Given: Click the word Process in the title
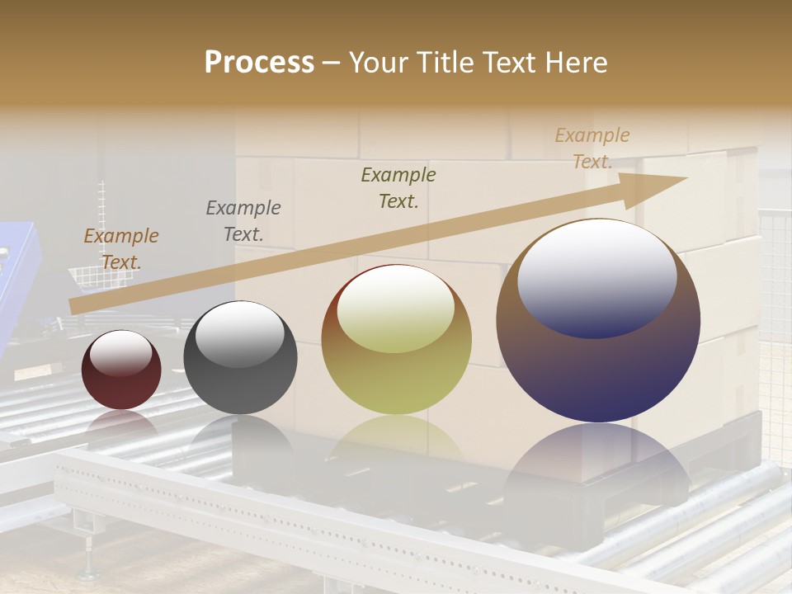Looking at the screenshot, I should tap(259, 63).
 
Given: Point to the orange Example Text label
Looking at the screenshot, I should tap(121, 248).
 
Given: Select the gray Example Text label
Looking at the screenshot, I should tap(243, 220).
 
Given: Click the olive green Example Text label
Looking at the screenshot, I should tap(398, 187).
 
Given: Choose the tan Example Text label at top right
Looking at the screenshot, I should tap(592, 148).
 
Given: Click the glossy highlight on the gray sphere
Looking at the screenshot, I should tap(239, 335).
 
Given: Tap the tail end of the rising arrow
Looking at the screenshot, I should tap(74, 306).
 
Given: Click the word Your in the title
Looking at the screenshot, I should tap(375, 63).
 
